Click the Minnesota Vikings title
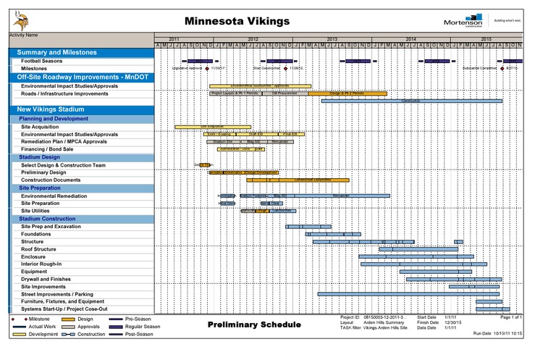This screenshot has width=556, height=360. [237, 20]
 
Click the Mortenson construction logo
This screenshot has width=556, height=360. [463, 21]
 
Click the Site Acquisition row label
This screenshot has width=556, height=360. [40, 127]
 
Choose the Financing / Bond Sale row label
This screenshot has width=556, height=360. [47, 149]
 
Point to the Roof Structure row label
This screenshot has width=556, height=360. [38, 249]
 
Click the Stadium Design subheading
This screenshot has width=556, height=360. [40, 157]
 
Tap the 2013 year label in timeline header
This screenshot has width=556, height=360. [332, 38]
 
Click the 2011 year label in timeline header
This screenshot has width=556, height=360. [174, 38]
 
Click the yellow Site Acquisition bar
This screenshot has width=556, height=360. [212, 127]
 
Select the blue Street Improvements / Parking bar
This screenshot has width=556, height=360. [409, 294]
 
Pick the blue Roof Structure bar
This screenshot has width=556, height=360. [408, 249]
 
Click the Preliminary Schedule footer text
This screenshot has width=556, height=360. [253, 325]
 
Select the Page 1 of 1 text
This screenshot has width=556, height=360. [511, 317]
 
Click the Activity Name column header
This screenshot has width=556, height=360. [24, 35]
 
